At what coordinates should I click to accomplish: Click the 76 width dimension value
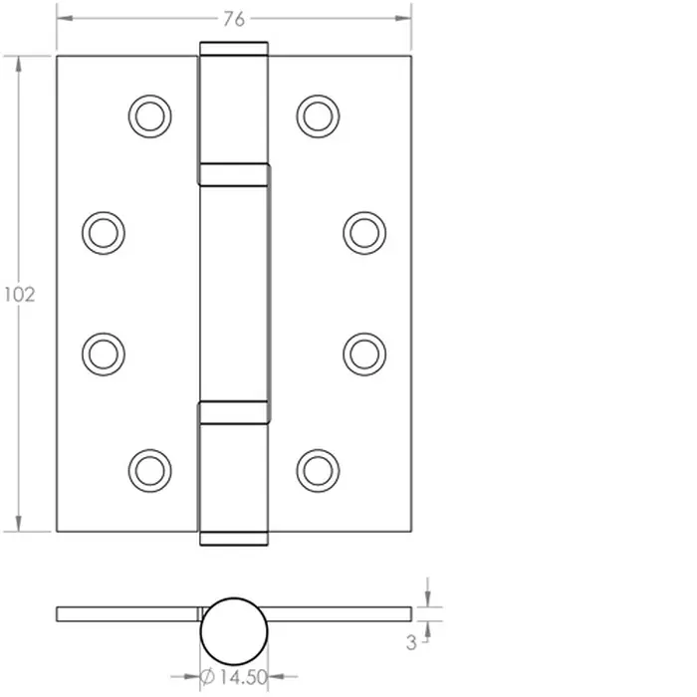[234, 18]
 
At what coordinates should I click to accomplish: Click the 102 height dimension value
[19, 295]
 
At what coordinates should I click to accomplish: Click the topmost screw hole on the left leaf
[149, 116]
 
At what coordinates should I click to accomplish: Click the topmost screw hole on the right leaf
[318, 116]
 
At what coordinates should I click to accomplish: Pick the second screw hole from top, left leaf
[103, 232]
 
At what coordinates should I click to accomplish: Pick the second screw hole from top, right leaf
[364, 232]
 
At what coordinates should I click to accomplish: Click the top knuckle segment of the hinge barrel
[235, 104]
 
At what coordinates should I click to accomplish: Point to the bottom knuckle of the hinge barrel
[235, 474]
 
